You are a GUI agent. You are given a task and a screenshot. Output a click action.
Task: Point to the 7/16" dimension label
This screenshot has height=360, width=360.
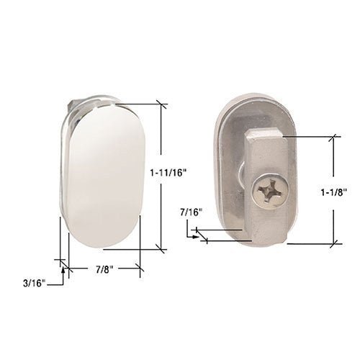192,212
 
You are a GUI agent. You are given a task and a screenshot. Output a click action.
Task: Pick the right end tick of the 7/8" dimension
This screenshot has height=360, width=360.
140,269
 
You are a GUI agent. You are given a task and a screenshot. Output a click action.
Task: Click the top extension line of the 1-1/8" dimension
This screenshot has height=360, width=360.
310,135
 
